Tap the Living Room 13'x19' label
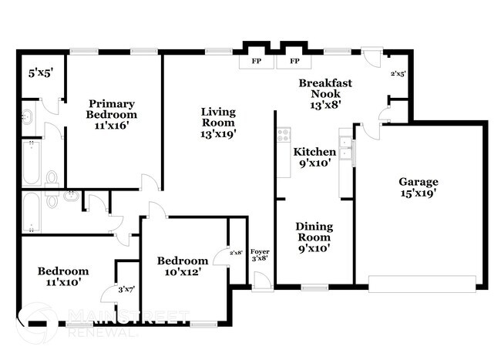218,122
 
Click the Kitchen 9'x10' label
314,157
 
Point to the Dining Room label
314,237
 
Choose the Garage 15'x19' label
419,187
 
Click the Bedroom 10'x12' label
182,265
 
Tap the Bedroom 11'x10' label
63,276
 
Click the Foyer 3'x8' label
260,254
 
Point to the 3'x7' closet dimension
126,289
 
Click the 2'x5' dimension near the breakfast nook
398,74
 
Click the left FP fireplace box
254,61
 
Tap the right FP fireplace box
294,61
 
